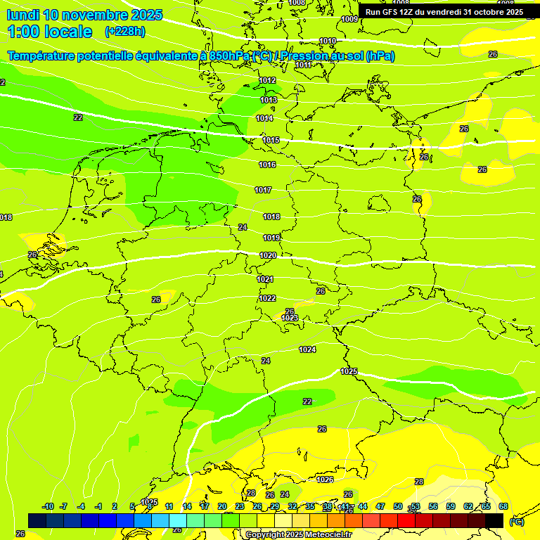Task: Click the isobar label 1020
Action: [268, 255]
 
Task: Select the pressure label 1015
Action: [271, 140]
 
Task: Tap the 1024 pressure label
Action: [307, 349]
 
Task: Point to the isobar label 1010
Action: [328, 41]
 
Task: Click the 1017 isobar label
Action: [263, 191]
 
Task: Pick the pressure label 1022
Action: [267, 298]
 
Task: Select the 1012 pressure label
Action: [267, 81]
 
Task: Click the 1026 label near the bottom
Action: [325, 480]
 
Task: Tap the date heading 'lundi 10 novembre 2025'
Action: [84, 15]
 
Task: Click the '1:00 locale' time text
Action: [50, 32]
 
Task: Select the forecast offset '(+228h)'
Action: [124, 32]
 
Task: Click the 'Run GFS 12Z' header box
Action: [444, 12]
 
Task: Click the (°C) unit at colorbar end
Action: [516, 522]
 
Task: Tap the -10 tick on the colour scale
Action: [48, 506]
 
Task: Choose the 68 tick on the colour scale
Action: [503, 506]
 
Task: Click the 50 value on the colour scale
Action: [398, 506]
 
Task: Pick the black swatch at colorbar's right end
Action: [494, 520]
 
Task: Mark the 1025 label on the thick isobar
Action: [349, 371]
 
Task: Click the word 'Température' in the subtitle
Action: [46, 56]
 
